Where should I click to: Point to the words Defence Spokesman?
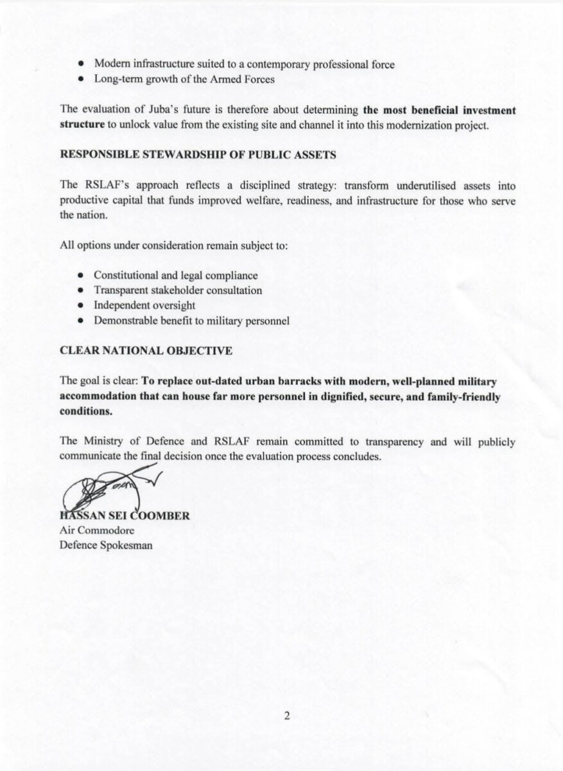click(x=106, y=545)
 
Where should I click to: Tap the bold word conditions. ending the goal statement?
click(x=85, y=412)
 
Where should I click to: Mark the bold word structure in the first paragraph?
click(x=82, y=125)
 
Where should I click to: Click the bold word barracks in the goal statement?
click(x=277, y=382)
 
